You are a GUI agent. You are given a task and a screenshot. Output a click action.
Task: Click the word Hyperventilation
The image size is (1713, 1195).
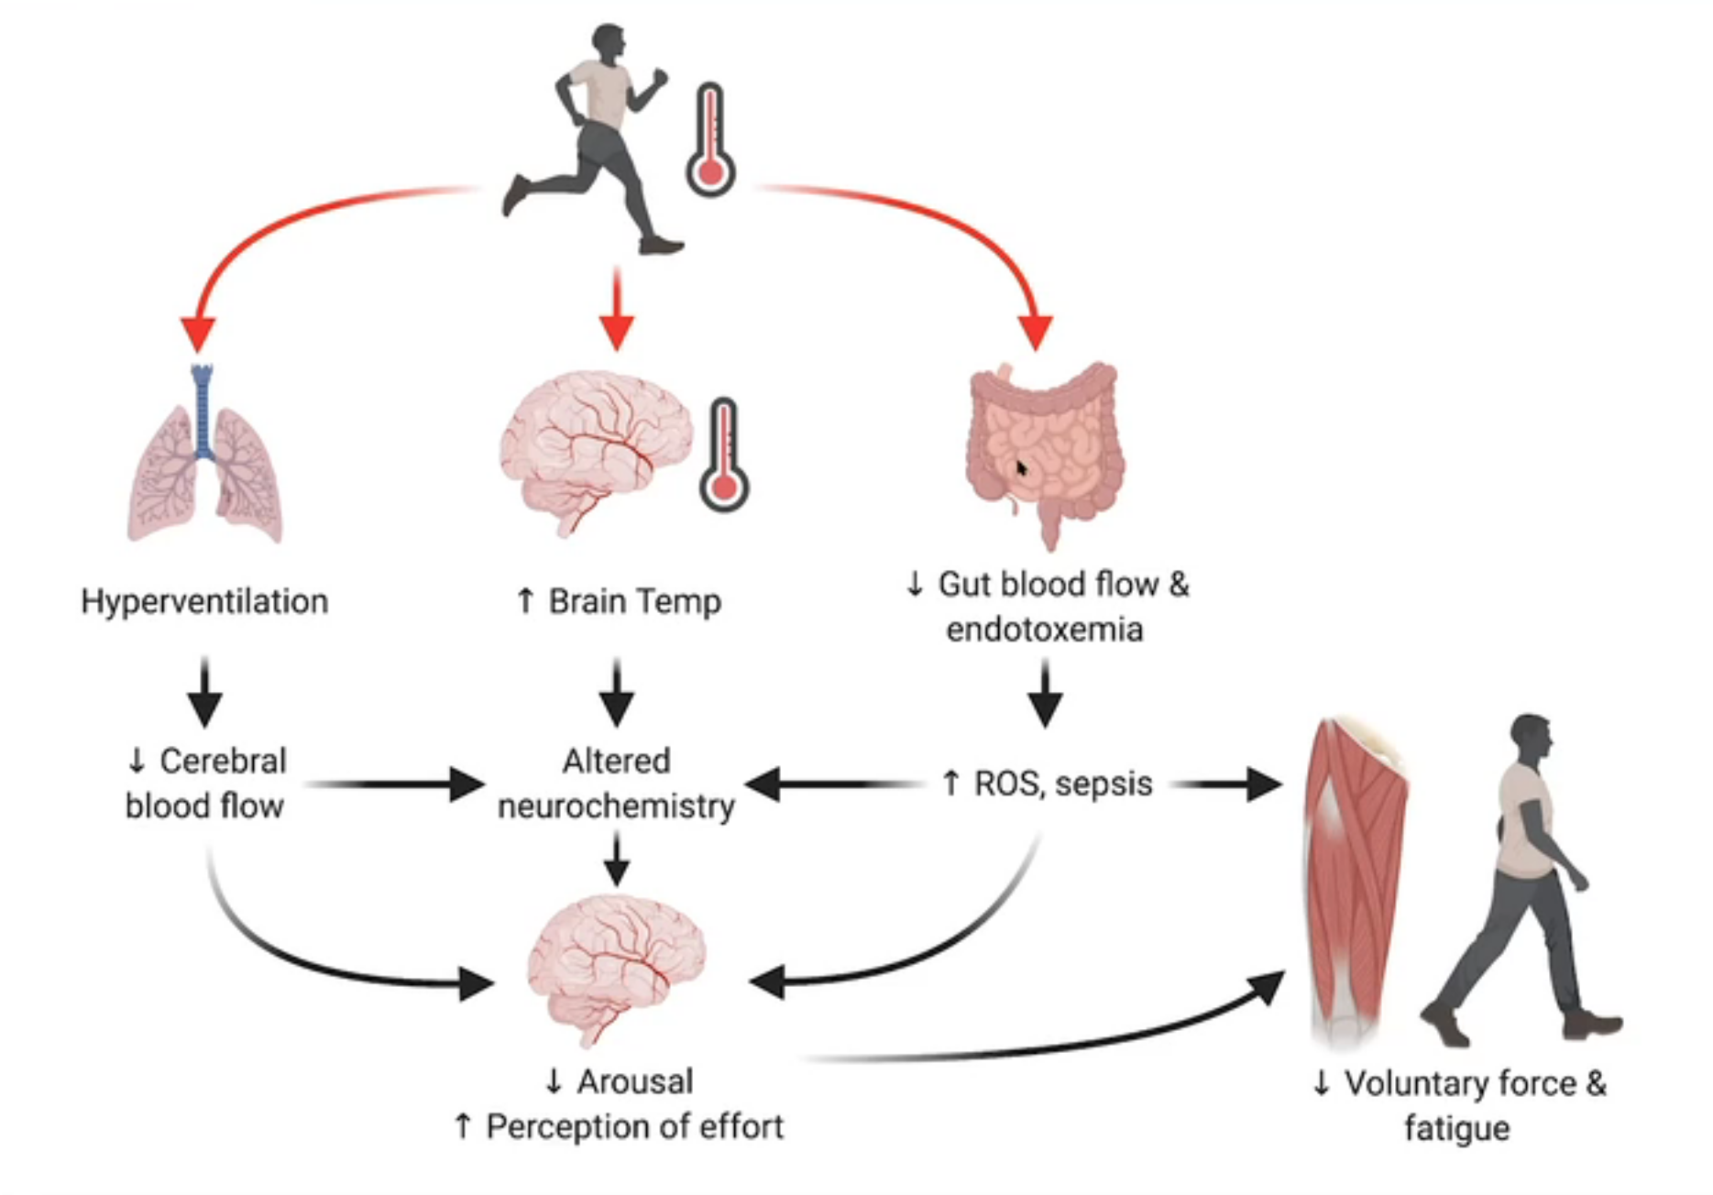point(204,602)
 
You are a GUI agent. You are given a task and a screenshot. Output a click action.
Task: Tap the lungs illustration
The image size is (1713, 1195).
point(203,458)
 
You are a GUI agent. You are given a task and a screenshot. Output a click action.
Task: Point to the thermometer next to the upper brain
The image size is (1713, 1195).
point(724,455)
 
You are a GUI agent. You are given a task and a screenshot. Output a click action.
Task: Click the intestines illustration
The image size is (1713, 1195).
point(1045,449)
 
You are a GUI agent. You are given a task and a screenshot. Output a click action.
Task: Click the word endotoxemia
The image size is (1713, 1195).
point(1045,630)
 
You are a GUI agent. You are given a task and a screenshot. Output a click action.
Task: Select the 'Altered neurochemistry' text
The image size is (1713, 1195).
point(616,784)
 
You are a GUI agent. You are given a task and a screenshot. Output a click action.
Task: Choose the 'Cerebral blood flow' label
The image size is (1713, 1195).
point(205,784)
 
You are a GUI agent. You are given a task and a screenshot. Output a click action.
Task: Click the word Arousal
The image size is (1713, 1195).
point(633,1082)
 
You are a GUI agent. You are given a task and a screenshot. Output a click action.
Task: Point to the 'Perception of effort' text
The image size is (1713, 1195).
point(633,1127)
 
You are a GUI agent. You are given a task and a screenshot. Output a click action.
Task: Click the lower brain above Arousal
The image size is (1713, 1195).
point(616,967)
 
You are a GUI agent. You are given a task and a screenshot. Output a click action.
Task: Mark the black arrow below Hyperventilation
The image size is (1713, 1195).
point(204,693)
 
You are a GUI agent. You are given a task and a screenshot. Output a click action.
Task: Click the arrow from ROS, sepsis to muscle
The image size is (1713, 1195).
point(1228,784)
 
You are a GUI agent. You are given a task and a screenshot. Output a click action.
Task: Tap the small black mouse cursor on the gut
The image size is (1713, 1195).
point(1021,468)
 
